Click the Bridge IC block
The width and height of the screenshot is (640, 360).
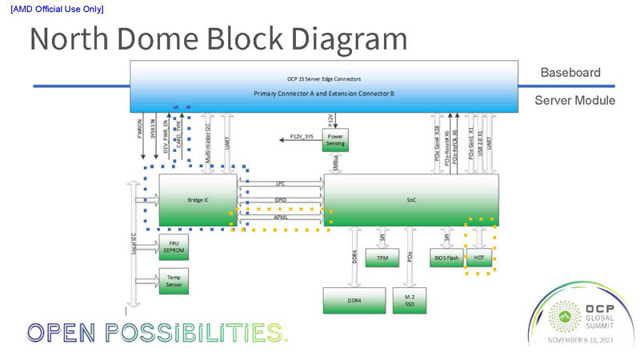[198, 200]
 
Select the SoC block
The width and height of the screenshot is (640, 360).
[411, 200]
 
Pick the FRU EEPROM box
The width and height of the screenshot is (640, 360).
[174, 246]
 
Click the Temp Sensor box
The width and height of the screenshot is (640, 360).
[174, 281]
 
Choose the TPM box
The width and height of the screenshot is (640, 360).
[377, 257]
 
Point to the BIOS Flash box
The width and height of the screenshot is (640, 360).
[446, 257]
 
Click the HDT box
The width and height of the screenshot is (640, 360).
[478, 257]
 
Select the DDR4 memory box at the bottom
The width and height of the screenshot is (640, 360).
[354, 300]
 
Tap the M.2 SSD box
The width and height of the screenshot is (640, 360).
[410, 300]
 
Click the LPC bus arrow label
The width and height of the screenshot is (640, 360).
[280, 183]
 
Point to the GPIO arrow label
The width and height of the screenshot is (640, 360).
[280, 200]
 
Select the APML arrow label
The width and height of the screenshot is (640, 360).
[280, 217]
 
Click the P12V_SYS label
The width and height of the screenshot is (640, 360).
[301, 138]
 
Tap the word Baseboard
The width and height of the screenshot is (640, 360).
[570, 73]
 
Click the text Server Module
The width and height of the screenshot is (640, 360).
[574, 101]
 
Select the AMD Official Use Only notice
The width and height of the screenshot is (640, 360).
[57, 9]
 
